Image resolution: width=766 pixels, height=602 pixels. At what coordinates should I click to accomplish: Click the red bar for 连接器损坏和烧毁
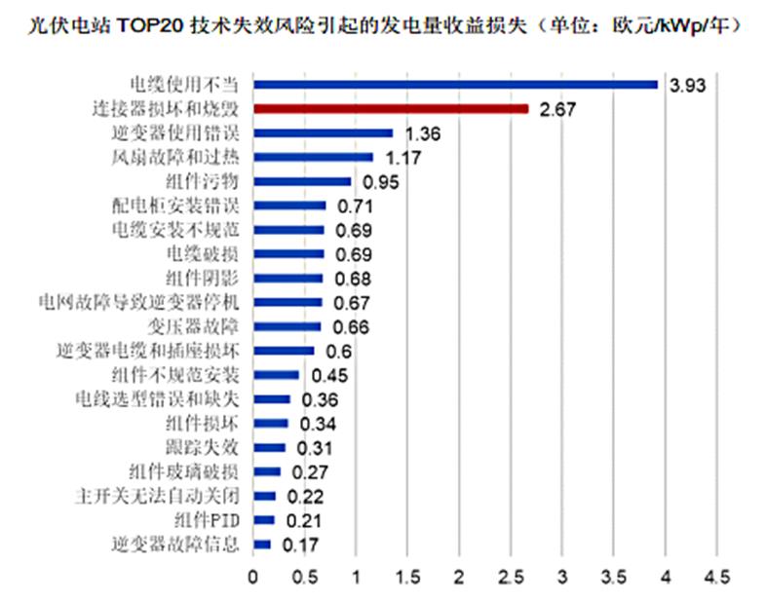tap(391, 108)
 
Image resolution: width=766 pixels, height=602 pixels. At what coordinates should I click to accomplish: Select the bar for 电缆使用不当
tap(456, 84)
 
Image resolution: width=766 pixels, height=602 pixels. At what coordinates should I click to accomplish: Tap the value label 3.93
tap(686, 85)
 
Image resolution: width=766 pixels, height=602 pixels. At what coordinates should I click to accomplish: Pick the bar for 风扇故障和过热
tap(313, 157)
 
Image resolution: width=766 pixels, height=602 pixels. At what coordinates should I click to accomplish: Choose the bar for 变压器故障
tap(287, 326)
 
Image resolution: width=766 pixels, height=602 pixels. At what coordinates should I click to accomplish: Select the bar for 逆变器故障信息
tap(262, 544)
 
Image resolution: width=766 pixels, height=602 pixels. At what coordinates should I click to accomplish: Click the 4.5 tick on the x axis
tap(717, 577)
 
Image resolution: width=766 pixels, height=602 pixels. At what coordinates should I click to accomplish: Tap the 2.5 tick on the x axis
tap(511, 577)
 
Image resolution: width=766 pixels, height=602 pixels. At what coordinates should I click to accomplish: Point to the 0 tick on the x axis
tap(253, 577)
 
